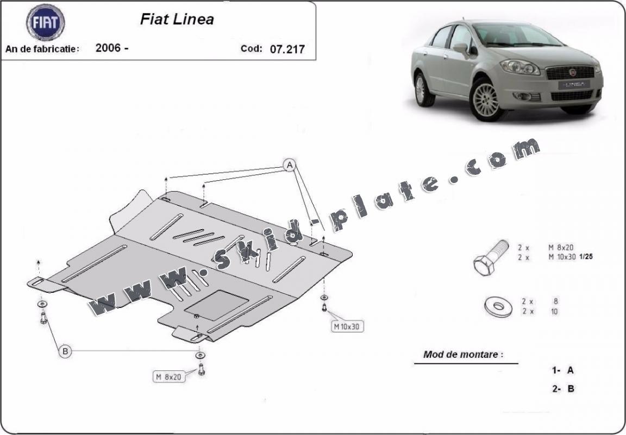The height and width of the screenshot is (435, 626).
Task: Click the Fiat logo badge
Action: [46, 22]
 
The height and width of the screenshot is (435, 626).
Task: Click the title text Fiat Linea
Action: [177, 19]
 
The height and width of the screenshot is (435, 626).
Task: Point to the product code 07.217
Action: [287, 49]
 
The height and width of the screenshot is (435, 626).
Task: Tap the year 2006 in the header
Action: [108, 48]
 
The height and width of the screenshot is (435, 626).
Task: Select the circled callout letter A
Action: [289, 165]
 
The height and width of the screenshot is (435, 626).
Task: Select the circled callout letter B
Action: [65, 351]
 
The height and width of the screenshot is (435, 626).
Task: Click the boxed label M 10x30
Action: [347, 327]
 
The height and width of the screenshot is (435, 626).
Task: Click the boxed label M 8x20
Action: [169, 376]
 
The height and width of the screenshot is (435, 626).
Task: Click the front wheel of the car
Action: [486, 100]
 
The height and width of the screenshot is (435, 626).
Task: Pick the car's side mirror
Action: [461, 48]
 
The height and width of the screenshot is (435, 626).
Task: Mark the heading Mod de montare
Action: [463, 354]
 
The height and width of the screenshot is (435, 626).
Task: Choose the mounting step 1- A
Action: [563, 370]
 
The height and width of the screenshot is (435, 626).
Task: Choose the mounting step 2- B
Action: [563, 388]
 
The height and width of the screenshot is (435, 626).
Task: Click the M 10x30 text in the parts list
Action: [562, 257]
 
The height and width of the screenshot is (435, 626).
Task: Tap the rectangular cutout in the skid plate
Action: [217, 305]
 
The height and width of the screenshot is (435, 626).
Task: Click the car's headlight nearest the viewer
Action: [521, 67]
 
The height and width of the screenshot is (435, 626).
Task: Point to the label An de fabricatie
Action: [42, 49]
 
